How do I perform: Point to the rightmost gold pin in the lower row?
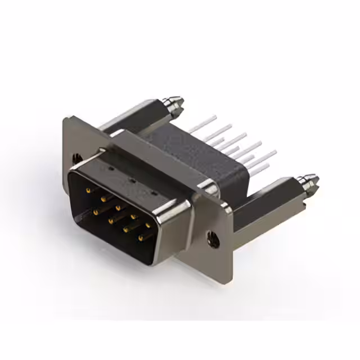coord(140,238)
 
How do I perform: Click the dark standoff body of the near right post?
coord(264,205)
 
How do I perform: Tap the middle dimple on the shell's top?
coord(131,181)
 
